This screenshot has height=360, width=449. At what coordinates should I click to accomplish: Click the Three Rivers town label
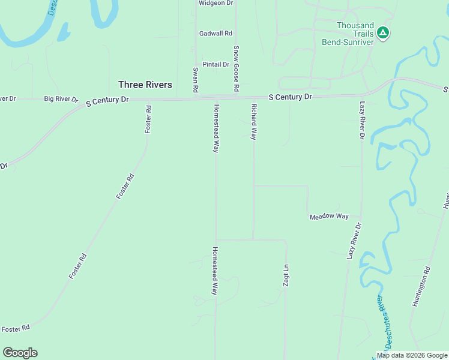[145, 85]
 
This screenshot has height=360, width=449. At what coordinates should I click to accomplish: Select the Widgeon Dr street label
[215, 3]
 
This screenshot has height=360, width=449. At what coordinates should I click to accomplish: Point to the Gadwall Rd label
[216, 34]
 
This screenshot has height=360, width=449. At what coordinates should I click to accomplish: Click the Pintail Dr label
[216, 64]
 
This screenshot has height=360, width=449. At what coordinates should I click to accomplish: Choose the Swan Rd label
[196, 79]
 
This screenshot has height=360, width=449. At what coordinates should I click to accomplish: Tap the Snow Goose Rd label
[237, 68]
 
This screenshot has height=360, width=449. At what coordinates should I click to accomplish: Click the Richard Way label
[254, 121]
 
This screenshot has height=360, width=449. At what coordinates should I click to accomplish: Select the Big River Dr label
[61, 98]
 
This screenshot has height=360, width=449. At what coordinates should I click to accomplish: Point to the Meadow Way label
[329, 216]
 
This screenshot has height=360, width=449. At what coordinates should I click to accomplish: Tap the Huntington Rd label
[421, 287]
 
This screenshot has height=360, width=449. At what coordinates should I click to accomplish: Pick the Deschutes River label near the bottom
[387, 321]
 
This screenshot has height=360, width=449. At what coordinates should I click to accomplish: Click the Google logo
[20, 353]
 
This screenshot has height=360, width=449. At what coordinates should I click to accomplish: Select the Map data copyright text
[412, 355]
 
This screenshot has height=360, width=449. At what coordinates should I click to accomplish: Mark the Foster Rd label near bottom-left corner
[15, 329]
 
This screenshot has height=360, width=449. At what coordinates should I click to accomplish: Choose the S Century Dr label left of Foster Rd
[107, 101]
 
